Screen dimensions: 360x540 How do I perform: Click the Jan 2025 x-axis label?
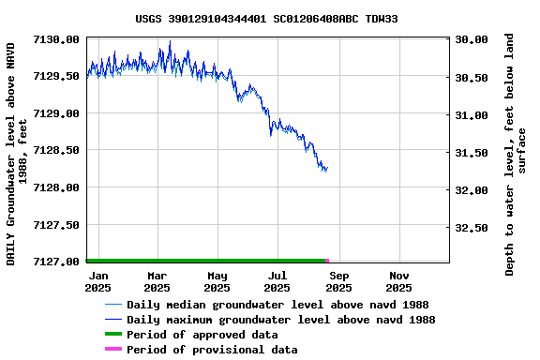pos(98,281)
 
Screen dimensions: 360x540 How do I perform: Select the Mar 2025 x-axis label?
pos(157,281)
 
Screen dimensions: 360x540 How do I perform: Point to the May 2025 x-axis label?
pos(217,281)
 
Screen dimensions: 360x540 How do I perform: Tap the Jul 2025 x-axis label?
pos(277,281)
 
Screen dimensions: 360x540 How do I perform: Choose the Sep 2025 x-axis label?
pos(338,281)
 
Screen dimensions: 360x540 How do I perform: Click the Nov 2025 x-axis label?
pos(398,281)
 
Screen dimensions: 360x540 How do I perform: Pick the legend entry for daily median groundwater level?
pos(277,305)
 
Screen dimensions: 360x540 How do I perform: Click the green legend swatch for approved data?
pos(113,335)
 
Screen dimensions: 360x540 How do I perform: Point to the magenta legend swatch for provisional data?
pos(113,350)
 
